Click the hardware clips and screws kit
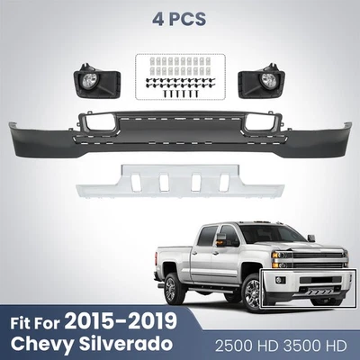[179, 76]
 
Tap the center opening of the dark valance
[180, 120]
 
